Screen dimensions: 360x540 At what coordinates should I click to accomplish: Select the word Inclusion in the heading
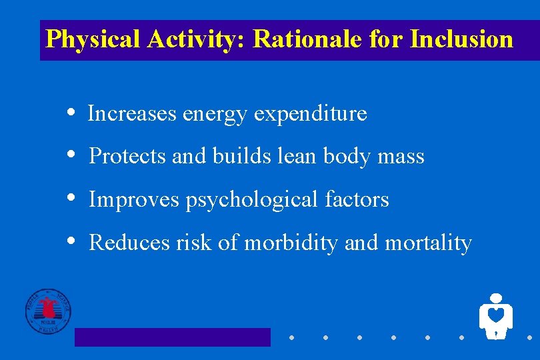click(x=461, y=39)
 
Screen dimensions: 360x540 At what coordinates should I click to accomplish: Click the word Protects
click(x=127, y=157)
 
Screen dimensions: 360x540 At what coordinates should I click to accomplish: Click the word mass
click(x=401, y=157)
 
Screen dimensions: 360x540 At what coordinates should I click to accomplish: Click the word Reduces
click(x=129, y=243)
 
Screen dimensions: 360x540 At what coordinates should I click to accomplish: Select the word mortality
click(x=428, y=243)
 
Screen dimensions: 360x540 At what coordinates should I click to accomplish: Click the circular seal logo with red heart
click(x=48, y=311)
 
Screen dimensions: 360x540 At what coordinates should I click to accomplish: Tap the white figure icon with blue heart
click(x=495, y=315)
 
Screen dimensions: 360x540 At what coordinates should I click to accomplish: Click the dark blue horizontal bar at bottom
click(x=172, y=337)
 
